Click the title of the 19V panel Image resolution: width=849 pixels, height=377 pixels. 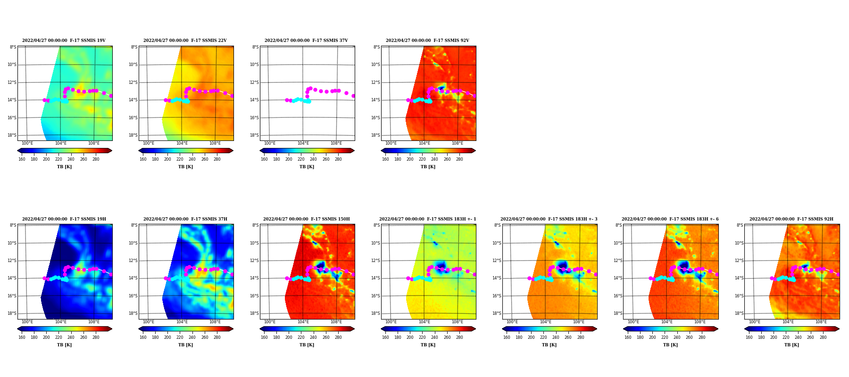[64, 41]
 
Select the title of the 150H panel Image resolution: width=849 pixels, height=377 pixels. [307, 219]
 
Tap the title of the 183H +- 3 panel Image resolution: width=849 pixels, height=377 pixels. [549, 219]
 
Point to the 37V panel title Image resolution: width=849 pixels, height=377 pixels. [306, 41]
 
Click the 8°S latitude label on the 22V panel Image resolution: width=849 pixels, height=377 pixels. [134, 47]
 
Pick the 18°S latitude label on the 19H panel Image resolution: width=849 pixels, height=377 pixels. [12, 313]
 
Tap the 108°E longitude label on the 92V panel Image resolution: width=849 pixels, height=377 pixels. [458, 143]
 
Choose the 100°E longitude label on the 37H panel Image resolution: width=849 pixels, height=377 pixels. [149, 322]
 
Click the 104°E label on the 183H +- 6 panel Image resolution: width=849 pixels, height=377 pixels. [666, 322]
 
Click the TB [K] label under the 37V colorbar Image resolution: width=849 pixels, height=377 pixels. [307, 167]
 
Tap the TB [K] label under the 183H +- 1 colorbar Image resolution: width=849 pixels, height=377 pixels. [428, 345]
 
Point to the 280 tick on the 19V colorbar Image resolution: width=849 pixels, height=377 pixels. [96, 159]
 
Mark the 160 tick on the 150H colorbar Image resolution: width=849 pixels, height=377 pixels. [264, 337]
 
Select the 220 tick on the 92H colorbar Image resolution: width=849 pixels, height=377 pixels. [786, 337]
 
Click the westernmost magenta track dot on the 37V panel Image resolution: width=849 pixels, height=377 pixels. [287, 100]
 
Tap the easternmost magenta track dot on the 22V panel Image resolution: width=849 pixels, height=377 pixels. [232, 96]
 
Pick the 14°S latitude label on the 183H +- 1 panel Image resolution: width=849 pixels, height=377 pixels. [376, 279]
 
